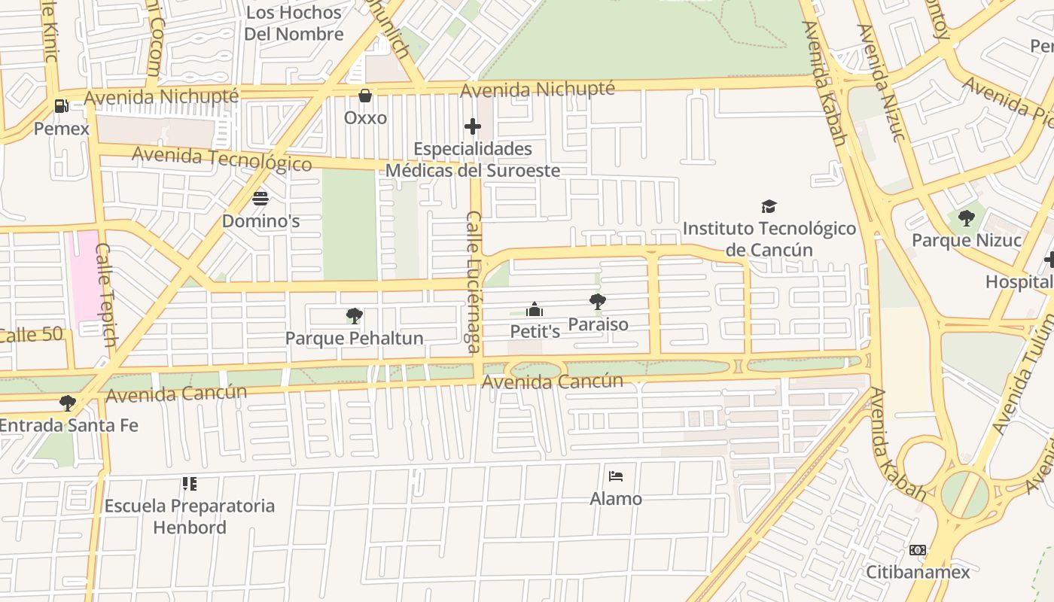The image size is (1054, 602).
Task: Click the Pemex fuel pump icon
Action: [x=61, y=106]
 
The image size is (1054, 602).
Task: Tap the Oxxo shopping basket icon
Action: [x=365, y=96]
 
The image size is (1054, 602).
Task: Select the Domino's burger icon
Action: [x=260, y=199]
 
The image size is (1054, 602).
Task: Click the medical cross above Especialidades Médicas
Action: [x=473, y=126]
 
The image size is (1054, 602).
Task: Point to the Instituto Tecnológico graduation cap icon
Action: [x=769, y=206]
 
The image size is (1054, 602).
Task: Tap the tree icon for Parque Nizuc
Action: [x=967, y=218]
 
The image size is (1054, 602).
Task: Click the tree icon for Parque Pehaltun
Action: [x=354, y=316]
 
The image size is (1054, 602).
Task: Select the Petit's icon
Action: [x=535, y=309]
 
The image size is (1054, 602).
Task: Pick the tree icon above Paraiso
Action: [x=598, y=302]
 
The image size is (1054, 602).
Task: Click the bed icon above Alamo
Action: [x=616, y=476]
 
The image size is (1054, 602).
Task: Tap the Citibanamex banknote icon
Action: [x=917, y=550]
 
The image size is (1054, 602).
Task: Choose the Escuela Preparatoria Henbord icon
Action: [x=190, y=483]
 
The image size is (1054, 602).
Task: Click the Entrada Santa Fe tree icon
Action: [x=68, y=403]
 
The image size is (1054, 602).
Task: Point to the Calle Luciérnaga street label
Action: [x=474, y=281]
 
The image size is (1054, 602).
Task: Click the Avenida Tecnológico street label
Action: [x=221, y=159]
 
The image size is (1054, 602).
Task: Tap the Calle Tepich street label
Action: [x=106, y=294]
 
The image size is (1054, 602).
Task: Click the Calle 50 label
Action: [x=30, y=335]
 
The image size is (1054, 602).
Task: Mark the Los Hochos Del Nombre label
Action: [x=294, y=23]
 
